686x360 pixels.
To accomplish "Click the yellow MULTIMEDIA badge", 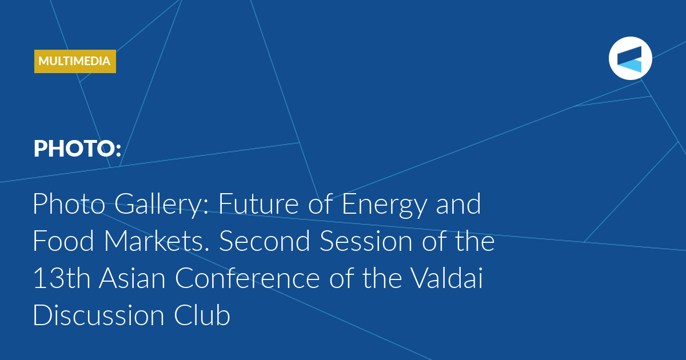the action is pos(75,61).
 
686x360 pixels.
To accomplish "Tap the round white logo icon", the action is pos(630,58).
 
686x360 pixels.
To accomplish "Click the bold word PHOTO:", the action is pos(78,149).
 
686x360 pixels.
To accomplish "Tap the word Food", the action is pos(63,241).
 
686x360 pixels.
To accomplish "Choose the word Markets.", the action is pos(157,241).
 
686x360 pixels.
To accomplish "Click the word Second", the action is pos(265,241).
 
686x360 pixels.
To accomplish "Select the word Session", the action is pos(366,241).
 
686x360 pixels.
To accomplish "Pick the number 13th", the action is pos(62,278).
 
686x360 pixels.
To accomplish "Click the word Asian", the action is pos(132,278).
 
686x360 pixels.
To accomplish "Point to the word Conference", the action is pos(248,278).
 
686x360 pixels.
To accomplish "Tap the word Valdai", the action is pos(447,278).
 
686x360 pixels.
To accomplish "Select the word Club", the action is pos(202,315).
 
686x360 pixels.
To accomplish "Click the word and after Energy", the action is pos(458,204).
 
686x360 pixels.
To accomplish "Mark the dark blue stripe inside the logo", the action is pos(629,54).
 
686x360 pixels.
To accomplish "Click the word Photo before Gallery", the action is pos(69,204).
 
